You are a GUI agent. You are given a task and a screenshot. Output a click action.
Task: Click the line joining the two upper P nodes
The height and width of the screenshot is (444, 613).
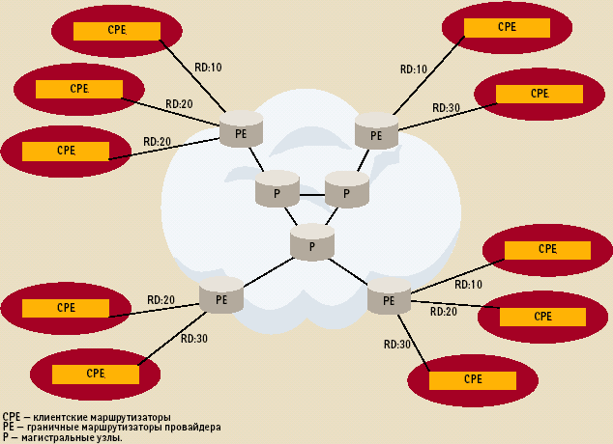pyautogui.click(x=311, y=195)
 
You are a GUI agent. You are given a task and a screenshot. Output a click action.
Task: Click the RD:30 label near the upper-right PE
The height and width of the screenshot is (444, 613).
pyautogui.click(x=446, y=107)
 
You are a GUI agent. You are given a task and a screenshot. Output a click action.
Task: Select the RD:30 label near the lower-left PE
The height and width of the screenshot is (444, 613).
pyautogui.click(x=194, y=339)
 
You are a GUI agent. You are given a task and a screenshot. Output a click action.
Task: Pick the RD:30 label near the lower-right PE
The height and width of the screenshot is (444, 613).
pyautogui.click(x=397, y=345)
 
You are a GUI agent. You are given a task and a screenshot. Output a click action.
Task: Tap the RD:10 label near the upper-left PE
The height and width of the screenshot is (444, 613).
pyautogui.click(x=207, y=68)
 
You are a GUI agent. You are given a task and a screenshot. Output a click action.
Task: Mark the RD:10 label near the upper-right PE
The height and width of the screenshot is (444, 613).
pyautogui.click(x=413, y=69)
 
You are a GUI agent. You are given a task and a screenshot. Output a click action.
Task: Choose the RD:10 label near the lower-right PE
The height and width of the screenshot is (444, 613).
pyautogui.click(x=468, y=285)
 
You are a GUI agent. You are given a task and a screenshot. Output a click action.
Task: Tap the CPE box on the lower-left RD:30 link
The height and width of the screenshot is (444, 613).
pyautogui.click(x=95, y=373)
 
